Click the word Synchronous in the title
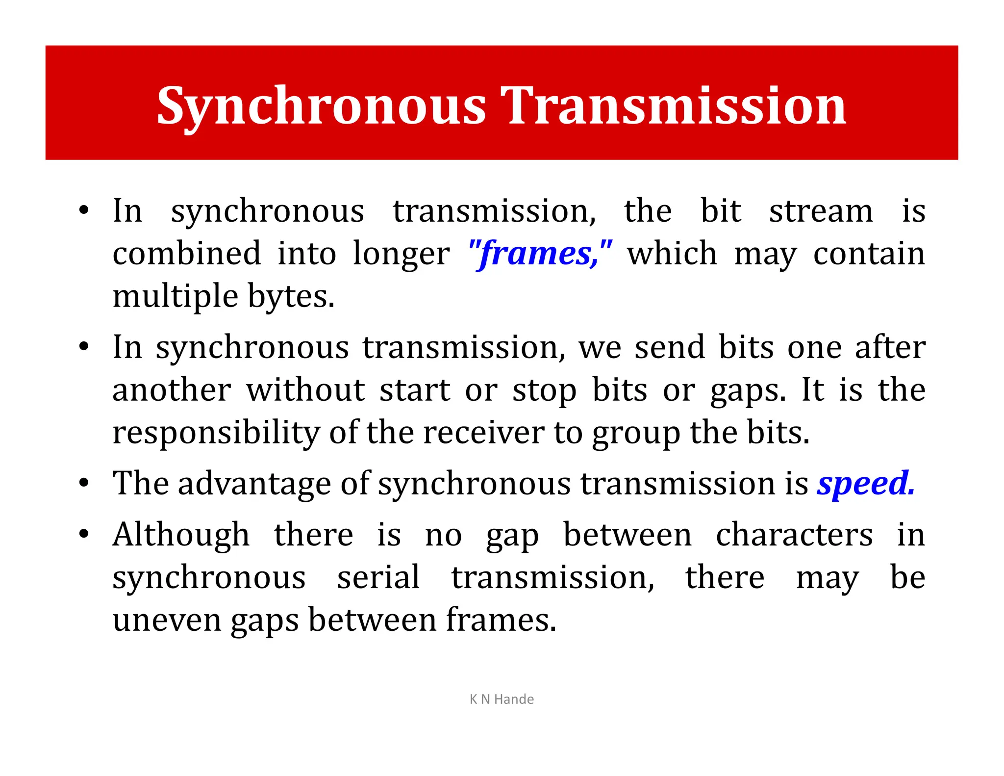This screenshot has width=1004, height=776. coord(321,106)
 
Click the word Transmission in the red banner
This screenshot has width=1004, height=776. coord(675,106)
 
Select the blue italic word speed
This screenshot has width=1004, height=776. coord(865,484)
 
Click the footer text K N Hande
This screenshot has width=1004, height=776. coord(502,699)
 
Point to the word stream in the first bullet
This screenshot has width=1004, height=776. coord(821,211)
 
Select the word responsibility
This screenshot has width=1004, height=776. coord(216,434)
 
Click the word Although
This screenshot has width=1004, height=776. coord(181,535)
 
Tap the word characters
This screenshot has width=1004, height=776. coord(794,535)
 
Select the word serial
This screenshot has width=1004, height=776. coord(378,578)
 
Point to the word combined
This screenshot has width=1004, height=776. coord(187,254)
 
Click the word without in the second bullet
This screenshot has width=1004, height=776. coord(306,391)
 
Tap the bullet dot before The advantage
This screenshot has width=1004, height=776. coord(84,483)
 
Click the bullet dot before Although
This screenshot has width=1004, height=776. coord(84,534)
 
